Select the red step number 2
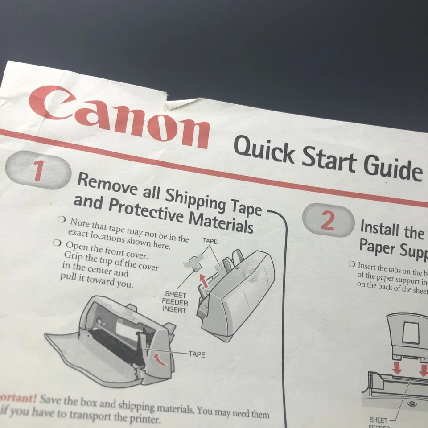tap(328, 221)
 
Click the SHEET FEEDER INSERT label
tap(175, 302)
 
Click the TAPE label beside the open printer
tap(197, 354)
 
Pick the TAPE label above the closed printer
tap(210, 241)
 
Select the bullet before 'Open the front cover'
tap(57, 243)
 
